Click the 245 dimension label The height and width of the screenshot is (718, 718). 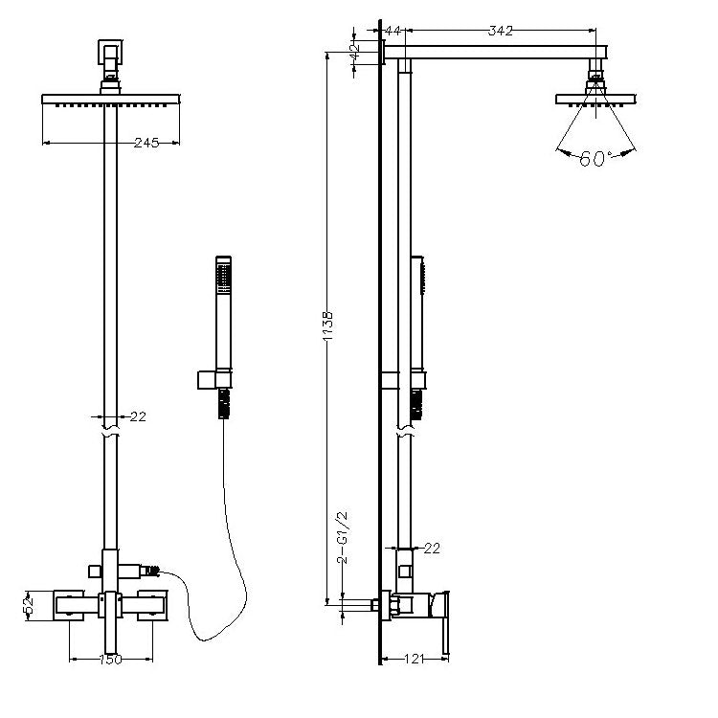[x=146, y=143]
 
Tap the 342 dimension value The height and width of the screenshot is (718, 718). [x=500, y=31]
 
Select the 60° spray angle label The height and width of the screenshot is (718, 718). [x=595, y=158]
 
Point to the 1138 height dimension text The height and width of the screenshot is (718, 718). [x=327, y=326]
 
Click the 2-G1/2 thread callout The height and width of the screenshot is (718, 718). [x=342, y=538]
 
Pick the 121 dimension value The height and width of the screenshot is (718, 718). [x=415, y=659]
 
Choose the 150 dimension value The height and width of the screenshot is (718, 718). [x=111, y=660]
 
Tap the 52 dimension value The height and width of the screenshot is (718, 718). [x=29, y=606]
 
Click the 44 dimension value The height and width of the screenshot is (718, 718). [x=393, y=31]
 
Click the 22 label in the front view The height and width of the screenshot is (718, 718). [x=138, y=416]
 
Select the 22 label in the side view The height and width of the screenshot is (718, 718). [x=432, y=549]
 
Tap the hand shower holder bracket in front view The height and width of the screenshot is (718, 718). [x=214, y=380]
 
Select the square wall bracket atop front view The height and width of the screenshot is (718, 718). [x=110, y=53]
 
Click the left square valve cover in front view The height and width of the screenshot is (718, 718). [x=69, y=606]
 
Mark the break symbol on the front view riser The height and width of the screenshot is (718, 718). [x=110, y=432]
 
